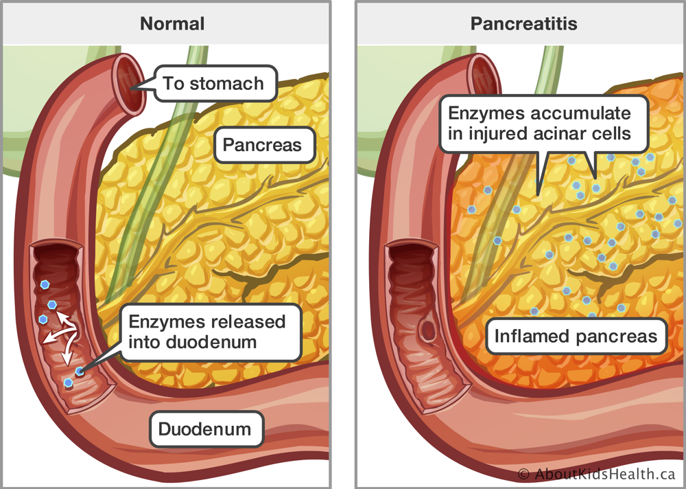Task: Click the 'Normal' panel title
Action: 172,23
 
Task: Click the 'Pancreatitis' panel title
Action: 523,23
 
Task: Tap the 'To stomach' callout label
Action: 213,84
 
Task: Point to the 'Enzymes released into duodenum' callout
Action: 206,332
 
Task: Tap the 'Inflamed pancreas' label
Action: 576,337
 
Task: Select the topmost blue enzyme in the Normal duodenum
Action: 45,284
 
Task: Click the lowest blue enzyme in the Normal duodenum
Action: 68,383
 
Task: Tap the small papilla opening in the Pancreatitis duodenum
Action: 430,331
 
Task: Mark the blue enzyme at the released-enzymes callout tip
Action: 80,371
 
